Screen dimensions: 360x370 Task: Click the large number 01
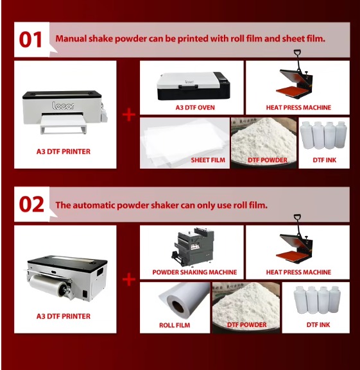click(x=30, y=40)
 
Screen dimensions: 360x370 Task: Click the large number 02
click(x=31, y=205)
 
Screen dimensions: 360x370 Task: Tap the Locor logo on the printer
click(x=63, y=106)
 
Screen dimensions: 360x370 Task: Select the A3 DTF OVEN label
click(x=195, y=108)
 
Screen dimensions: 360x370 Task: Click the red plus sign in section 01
click(x=129, y=115)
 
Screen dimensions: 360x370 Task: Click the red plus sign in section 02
click(x=129, y=280)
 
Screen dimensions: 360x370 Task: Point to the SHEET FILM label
click(x=208, y=160)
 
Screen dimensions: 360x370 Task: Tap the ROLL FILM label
click(x=175, y=325)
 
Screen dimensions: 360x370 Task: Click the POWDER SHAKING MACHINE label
click(x=194, y=273)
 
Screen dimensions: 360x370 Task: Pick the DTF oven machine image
click(x=194, y=86)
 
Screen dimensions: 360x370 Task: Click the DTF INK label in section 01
click(x=324, y=160)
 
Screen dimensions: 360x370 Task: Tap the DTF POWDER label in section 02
click(x=246, y=325)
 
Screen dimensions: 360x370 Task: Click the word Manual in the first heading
click(x=71, y=38)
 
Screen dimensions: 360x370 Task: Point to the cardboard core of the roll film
click(x=178, y=307)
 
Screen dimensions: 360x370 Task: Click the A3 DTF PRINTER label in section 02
click(x=64, y=316)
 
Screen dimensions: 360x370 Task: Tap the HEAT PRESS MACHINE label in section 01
click(x=298, y=108)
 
